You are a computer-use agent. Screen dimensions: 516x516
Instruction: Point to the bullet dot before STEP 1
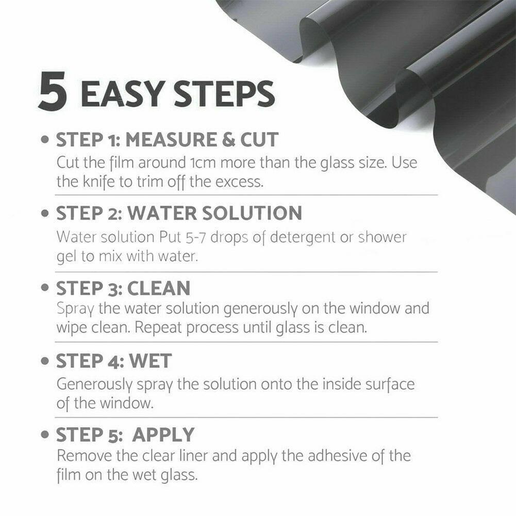pos(45,140)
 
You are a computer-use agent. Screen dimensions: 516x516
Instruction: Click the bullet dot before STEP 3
pos(45,289)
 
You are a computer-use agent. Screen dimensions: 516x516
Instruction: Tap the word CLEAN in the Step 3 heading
pos(159,288)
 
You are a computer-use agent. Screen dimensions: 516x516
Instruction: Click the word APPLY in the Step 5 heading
pos(163,435)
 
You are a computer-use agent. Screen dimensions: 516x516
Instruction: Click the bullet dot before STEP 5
pos(45,436)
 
